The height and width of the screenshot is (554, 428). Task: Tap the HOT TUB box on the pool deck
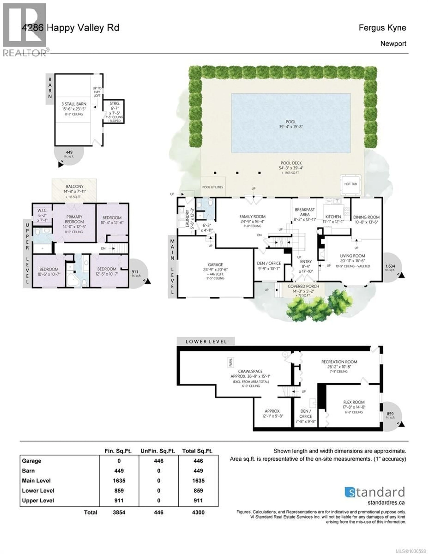coord(350,184)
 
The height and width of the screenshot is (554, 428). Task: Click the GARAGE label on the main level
coord(215,265)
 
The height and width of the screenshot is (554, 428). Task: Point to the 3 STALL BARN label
coord(74,104)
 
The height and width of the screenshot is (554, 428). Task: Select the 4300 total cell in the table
coord(198,512)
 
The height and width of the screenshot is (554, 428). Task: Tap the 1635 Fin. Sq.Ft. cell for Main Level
coord(119,481)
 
